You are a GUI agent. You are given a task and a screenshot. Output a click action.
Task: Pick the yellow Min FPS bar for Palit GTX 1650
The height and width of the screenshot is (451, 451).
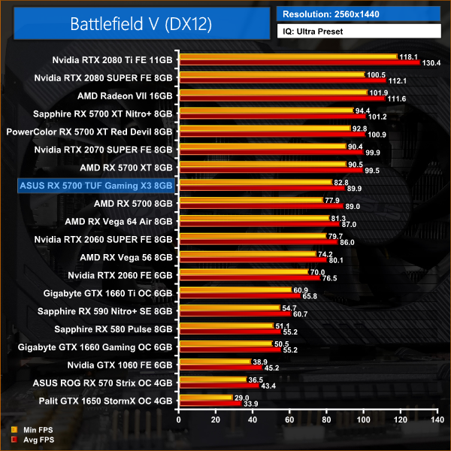pyautogui.click(x=204, y=397)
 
